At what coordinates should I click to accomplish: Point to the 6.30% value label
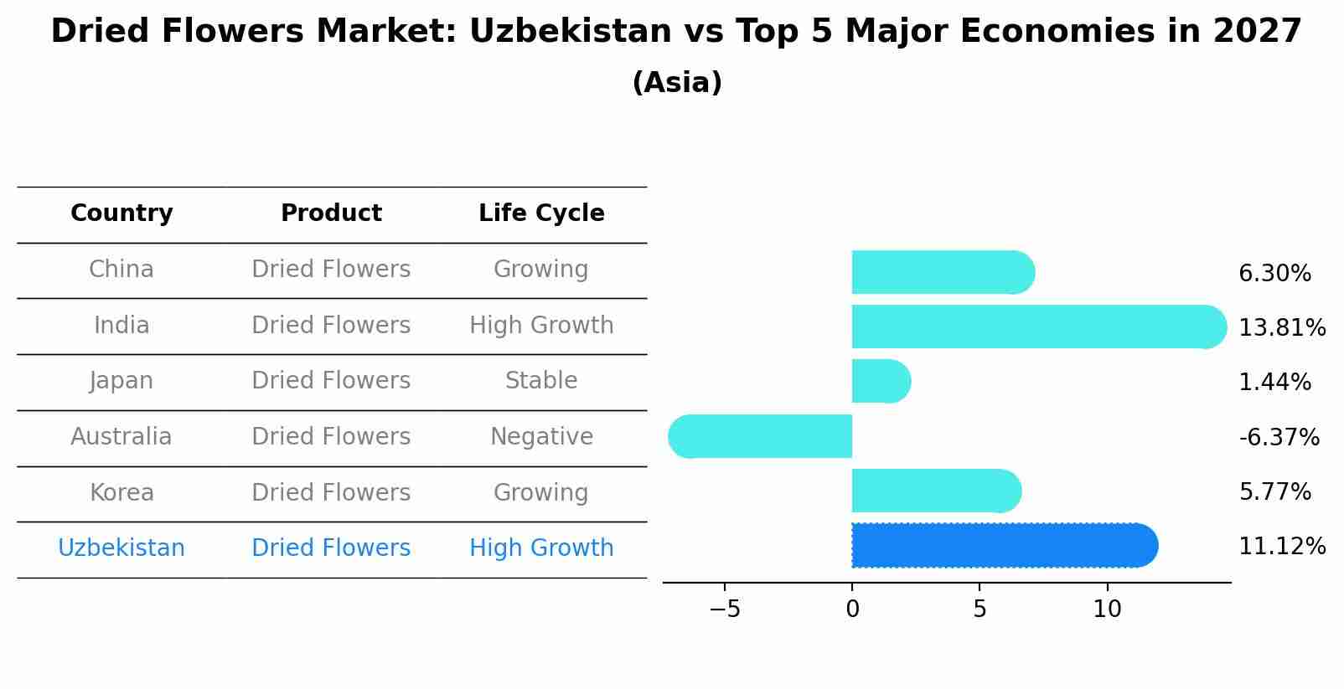pos(1274,274)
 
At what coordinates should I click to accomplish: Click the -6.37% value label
pos(1279,437)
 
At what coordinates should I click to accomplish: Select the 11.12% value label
pos(1281,547)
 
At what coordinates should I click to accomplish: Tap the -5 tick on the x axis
pos(725,609)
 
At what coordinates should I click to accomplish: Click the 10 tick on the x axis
pos(1107,609)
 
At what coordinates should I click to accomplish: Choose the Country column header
pos(121,213)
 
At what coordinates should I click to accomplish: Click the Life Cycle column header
pos(541,213)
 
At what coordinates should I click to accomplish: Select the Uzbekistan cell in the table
pos(121,548)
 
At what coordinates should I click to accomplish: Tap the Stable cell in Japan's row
pos(541,381)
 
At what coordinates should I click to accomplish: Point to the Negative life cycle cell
pos(541,437)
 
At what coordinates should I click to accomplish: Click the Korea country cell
pos(121,492)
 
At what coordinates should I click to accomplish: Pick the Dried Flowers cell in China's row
pos(331,270)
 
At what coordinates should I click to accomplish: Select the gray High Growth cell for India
pos(541,325)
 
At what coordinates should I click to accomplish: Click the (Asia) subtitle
pos(677,83)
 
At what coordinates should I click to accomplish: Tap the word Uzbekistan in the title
pos(571,32)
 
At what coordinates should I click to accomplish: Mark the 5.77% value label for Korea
pos(1274,491)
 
